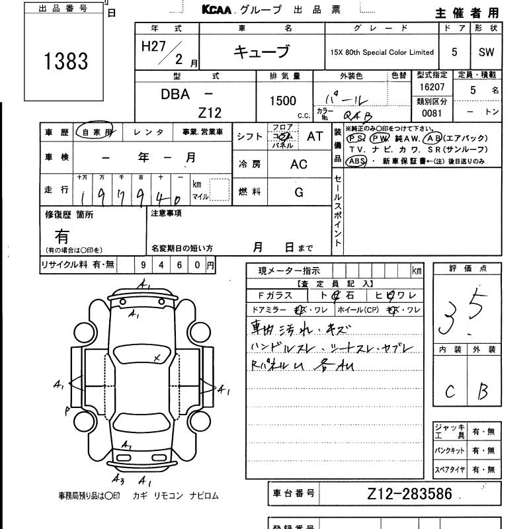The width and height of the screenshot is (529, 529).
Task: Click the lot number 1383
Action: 65,61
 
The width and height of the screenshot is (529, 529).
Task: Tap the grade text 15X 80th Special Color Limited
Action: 382,52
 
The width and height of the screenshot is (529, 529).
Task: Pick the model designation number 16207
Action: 432,87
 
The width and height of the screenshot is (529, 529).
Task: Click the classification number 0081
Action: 432,112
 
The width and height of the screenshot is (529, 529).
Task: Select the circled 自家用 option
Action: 94,132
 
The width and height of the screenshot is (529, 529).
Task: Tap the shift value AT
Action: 315,136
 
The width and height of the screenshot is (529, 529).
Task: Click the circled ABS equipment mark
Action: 357,161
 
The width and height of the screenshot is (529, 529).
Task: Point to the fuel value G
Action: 299,192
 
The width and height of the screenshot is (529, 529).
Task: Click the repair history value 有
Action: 63,236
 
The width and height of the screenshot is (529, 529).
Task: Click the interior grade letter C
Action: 450,391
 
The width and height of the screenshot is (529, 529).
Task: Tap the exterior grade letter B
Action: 483,391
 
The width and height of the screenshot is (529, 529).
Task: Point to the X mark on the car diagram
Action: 157,358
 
